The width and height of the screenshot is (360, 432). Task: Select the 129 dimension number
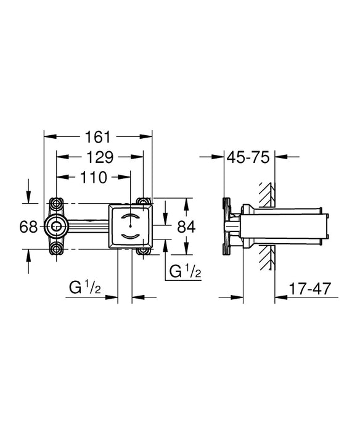100,157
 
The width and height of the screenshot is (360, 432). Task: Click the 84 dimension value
186,226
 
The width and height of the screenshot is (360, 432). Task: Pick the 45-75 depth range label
249,157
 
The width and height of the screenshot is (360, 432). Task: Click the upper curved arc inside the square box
131,217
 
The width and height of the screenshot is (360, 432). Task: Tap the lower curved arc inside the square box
131,236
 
